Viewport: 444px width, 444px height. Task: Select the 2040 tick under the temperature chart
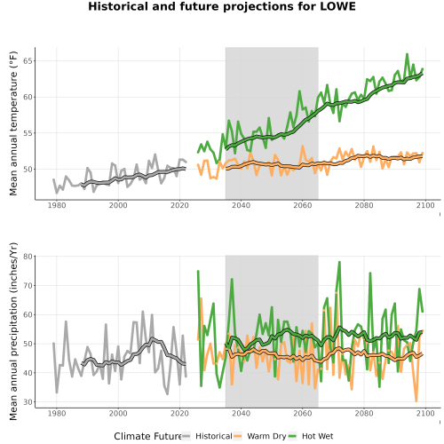pyautogui.click(x=241, y=205)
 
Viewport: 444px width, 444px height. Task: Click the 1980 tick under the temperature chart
pyautogui.click(x=57, y=205)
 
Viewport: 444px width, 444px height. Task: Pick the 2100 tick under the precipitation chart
pyautogui.click(x=425, y=413)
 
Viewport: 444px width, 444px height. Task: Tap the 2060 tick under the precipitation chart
pyautogui.click(x=303, y=413)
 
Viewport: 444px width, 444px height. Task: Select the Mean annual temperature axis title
pyautogui.click(x=13, y=123)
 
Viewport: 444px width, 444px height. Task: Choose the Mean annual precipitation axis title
pyautogui.click(x=13, y=331)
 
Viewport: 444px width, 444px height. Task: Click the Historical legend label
pyautogui.click(x=214, y=436)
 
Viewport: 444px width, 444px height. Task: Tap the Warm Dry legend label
pyautogui.click(x=266, y=436)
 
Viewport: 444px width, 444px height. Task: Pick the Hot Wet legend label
pyautogui.click(x=317, y=436)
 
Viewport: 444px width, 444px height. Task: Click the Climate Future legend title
pyautogui.click(x=147, y=436)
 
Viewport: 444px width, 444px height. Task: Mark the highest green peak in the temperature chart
pyautogui.click(x=407, y=54)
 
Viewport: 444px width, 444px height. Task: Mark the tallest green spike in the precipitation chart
pyautogui.click(x=339, y=262)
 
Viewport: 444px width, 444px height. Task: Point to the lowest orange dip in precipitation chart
pyautogui.click(x=416, y=400)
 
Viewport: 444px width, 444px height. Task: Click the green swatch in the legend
pyautogui.click(x=292, y=436)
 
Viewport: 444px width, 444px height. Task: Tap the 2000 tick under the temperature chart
pyautogui.click(x=118, y=205)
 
